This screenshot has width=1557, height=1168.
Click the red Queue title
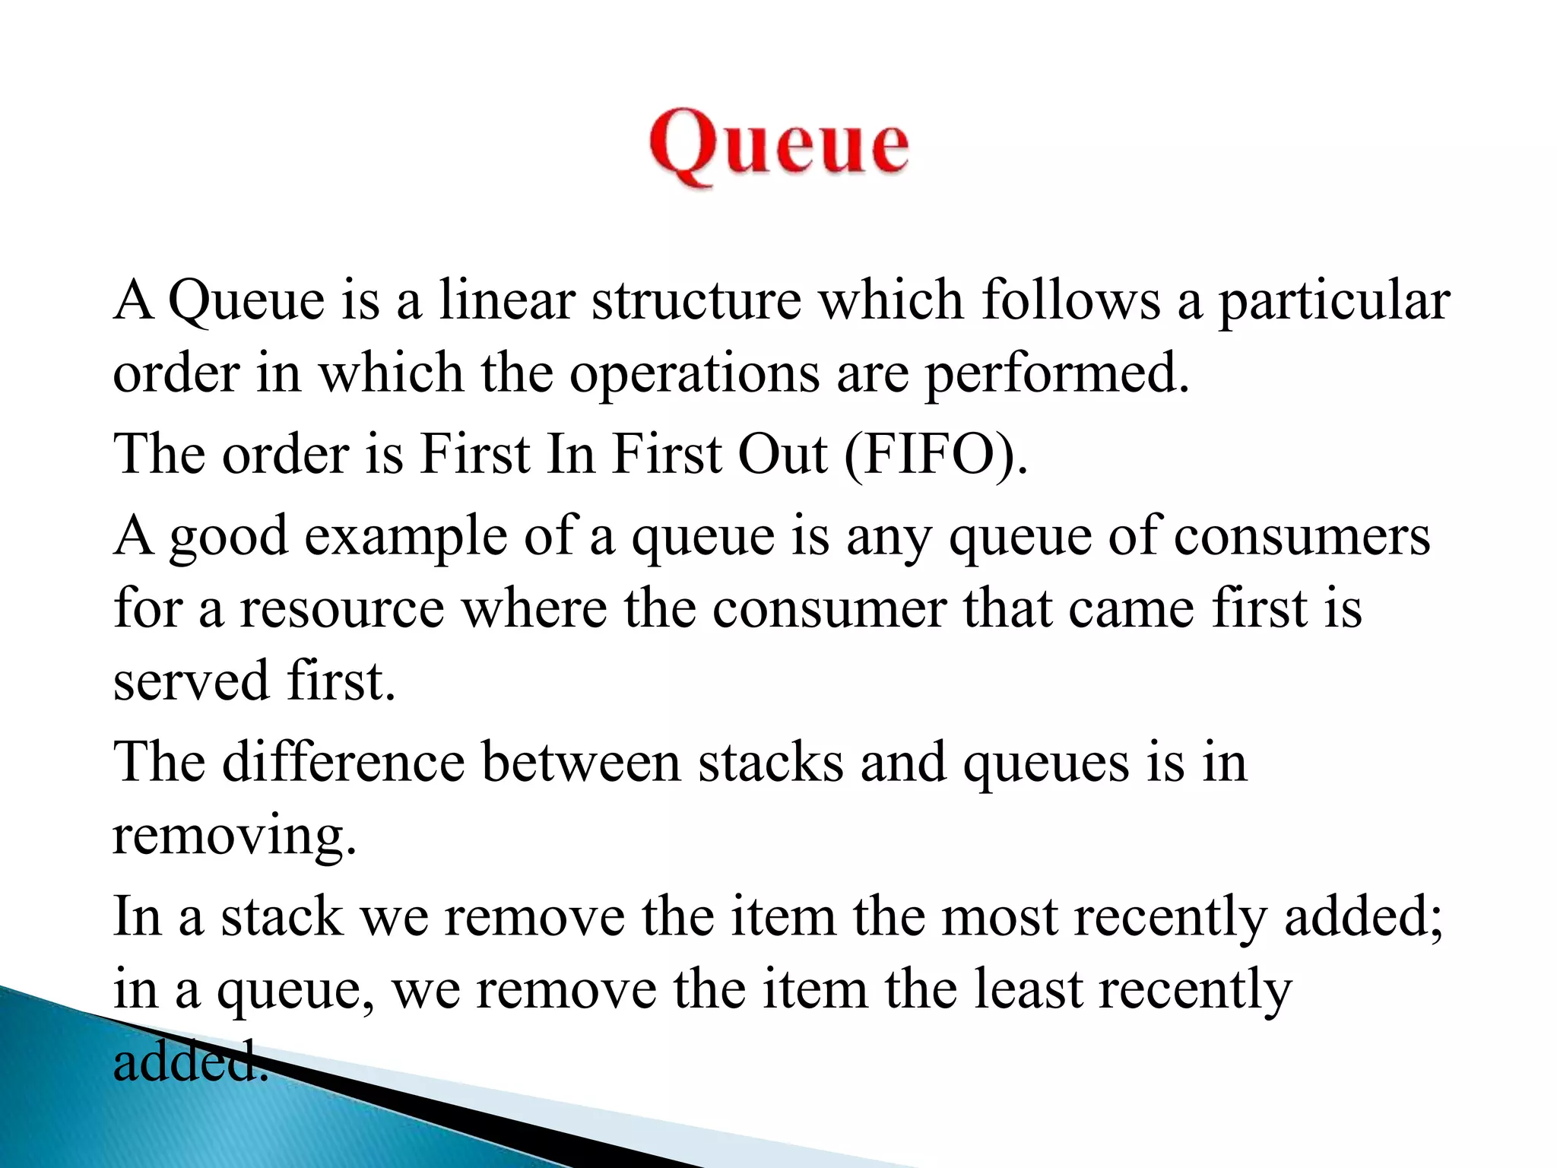click(x=778, y=144)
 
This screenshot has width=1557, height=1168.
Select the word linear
click(x=506, y=300)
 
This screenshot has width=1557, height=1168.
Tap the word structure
click(x=696, y=300)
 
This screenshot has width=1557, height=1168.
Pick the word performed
click(x=1057, y=375)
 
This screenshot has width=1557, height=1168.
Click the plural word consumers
click(x=1302, y=535)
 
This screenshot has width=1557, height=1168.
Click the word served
click(x=191, y=680)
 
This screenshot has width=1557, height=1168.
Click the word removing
click(x=234, y=835)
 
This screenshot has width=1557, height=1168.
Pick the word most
click(x=1000, y=916)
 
